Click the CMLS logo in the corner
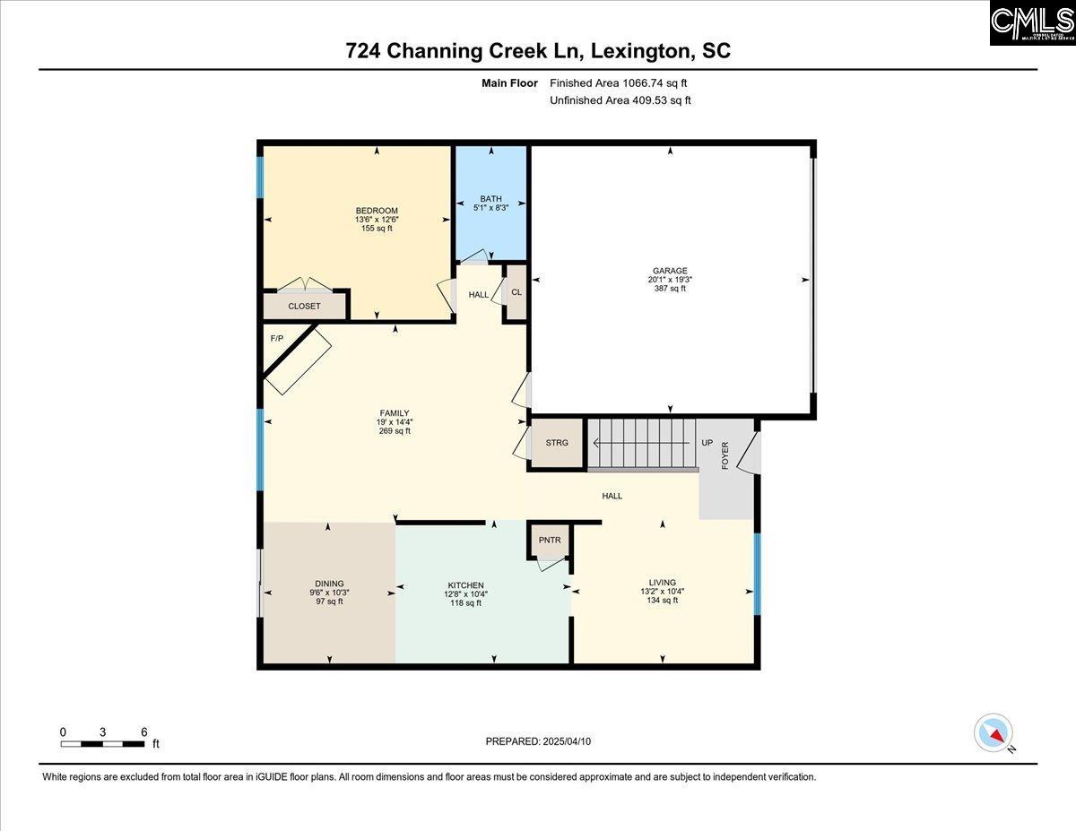[1032, 23]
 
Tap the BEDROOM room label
[377, 211]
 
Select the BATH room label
[490, 199]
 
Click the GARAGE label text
[670, 271]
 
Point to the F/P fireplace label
[277, 339]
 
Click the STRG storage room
[557, 443]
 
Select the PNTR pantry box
[550, 540]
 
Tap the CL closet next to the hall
[516, 292]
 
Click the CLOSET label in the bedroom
[304, 307]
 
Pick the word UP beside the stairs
[707, 443]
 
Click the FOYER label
[725, 455]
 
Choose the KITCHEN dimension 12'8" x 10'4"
[466, 593]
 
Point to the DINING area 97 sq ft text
[329, 602]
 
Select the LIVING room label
[664, 583]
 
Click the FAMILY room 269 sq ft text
[395, 431]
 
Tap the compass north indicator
[994, 732]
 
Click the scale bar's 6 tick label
[144, 731]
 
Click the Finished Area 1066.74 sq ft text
[619, 82]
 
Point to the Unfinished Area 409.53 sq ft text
[620, 100]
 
